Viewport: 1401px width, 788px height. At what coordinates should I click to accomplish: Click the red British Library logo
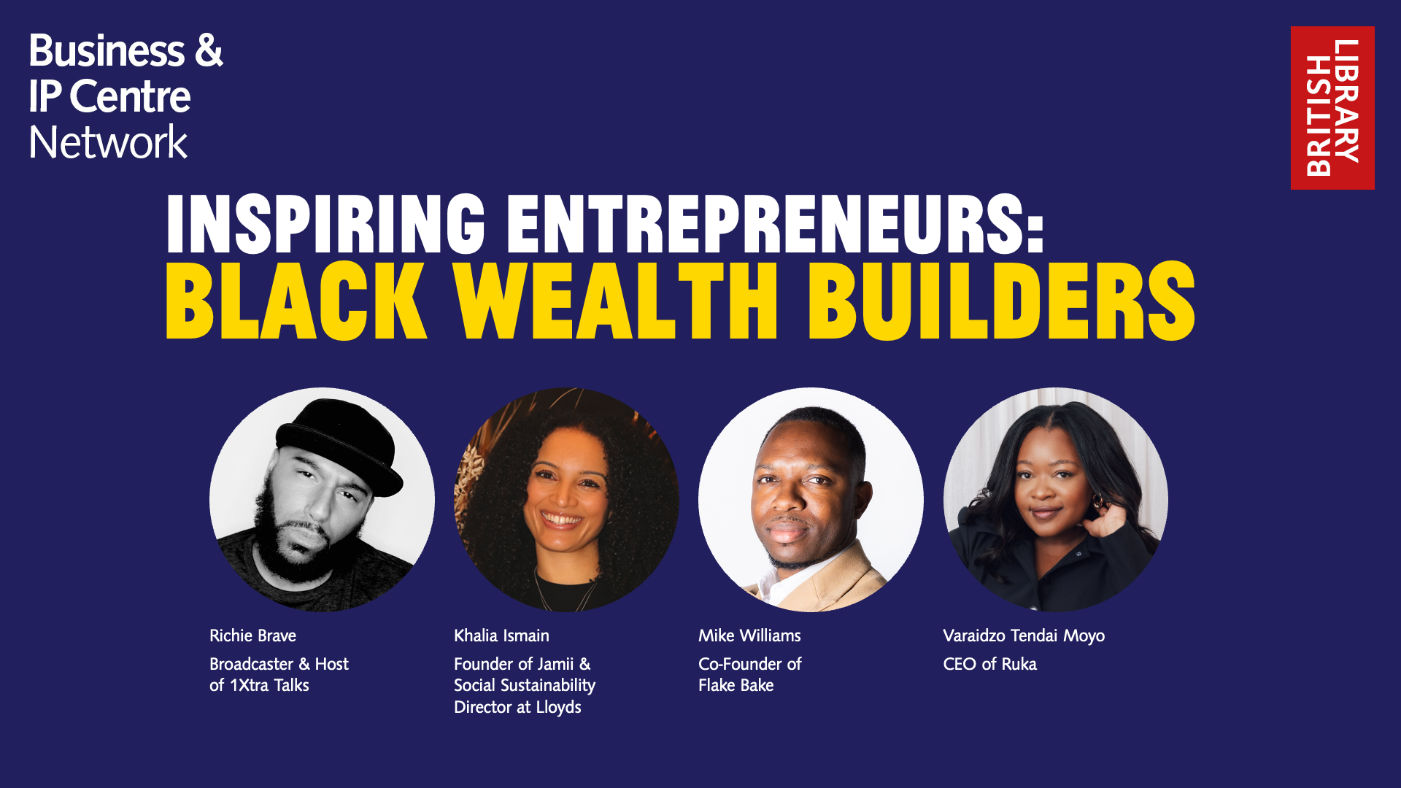pos(1332,108)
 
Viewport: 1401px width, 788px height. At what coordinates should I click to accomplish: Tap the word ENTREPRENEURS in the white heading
pos(776,224)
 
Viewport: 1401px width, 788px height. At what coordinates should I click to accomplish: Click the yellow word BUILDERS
pos(1001,301)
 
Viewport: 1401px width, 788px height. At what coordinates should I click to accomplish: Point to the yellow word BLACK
pos(296,301)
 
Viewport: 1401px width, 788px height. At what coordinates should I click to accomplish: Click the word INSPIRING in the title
pos(325,224)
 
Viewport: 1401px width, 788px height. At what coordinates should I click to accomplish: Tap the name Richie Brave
pos(252,636)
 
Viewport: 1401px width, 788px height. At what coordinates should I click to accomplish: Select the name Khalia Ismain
pos(501,636)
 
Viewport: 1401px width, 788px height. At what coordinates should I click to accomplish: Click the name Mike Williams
pos(749,636)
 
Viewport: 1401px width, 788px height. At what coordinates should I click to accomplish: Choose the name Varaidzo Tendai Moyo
pos(1024,636)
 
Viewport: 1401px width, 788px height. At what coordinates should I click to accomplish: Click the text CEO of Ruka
pos(989,664)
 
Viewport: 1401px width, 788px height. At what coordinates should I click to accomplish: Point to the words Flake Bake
pos(736,685)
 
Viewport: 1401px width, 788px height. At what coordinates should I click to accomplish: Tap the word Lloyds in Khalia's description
pos(559,707)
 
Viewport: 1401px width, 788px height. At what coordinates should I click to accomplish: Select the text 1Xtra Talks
pos(269,685)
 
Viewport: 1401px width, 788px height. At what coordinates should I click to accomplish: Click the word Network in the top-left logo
pos(108,142)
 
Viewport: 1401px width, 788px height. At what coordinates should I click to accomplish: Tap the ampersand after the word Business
pos(209,50)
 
